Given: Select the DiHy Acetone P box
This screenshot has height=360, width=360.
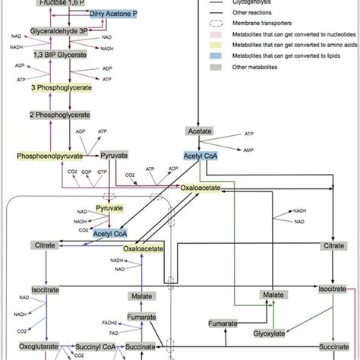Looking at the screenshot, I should tap(113, 14).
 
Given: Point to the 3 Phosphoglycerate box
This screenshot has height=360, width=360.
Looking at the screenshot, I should tap(62, 88).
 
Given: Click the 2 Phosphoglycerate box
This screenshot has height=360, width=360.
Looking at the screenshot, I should tap(61, 115).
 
